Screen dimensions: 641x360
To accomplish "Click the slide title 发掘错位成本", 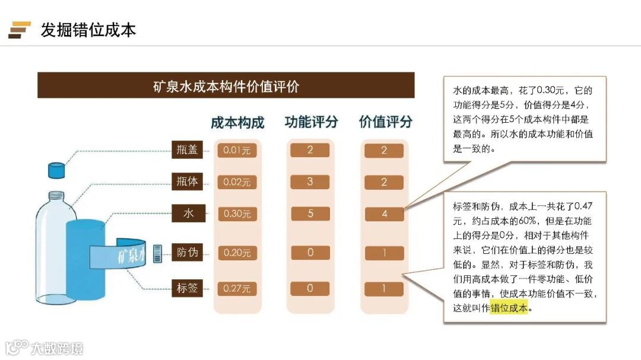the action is pos(88,30).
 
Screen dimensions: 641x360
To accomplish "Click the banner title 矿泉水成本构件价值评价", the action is pos(226,86).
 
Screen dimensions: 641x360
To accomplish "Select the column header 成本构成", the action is pos(237,123).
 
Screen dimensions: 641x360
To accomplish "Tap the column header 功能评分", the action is pos(311,122).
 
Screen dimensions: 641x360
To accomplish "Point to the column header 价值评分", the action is pos(385,122).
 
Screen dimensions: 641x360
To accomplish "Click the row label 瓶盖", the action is pos(187,150).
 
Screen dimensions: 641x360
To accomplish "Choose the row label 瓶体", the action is pos(187,181).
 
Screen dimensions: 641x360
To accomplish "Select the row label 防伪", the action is pos(187,253).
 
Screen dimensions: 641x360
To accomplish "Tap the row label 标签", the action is pos(187,289).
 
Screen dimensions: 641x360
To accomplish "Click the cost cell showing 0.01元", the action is pos(237,151).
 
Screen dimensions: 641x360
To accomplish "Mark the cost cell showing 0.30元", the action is pos(237,214).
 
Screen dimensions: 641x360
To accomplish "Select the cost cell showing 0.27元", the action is pos(237,289).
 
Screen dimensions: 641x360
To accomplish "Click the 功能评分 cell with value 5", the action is pos(310,214).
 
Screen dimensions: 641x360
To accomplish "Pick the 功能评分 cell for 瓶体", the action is pos(310,181).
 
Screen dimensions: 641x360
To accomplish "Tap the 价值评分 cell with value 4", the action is pos(384,214).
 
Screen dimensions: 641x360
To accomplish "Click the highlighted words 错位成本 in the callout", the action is pos(509,308).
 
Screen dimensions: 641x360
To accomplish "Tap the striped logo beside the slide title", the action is pos(20,30).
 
